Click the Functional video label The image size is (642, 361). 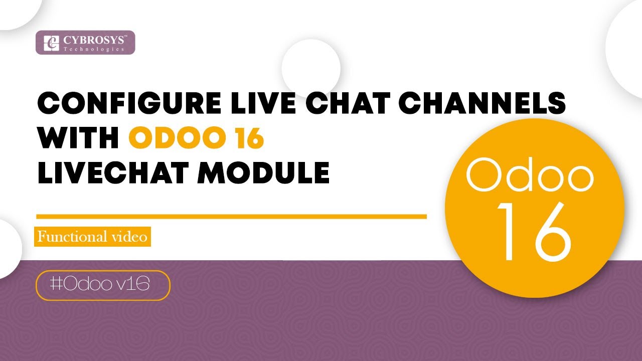coord(93,236)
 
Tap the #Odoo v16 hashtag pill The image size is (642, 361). coord(103,285)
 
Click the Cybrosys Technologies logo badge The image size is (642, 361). coord(85,43)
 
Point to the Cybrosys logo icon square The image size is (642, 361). coord(51,43)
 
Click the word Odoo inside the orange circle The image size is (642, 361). coord(530,175)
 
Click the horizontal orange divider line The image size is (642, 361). coord(231,217)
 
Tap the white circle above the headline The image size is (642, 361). coord(311,68)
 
